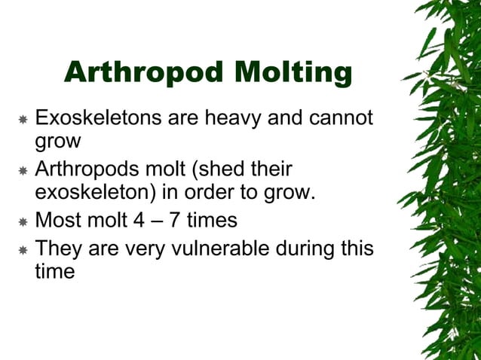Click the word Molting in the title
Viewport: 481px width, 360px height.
[x=294, y=72]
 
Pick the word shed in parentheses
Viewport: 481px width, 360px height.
[x=229, y=169]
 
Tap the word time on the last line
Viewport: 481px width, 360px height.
[x=54, y=270]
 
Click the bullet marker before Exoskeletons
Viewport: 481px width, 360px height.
[x=23, y=120]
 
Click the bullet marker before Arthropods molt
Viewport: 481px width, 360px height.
[x=23, y=171]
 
